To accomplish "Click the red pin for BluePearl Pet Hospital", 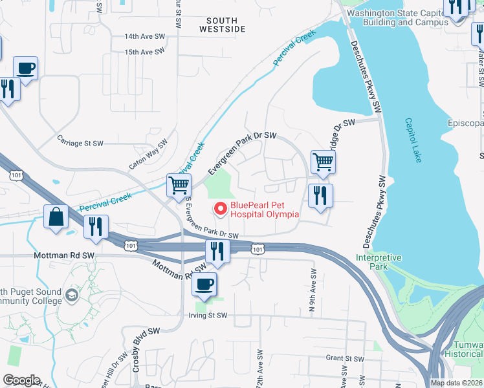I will click(219, 208).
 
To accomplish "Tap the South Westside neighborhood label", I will click(223, 25).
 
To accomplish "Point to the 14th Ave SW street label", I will click(145, 37).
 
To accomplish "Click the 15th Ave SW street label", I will click(145, 52).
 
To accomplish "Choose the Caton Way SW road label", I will click(148, 155).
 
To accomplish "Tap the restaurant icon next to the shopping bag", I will click(96, 228).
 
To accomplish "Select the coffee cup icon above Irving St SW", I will click(205, 284).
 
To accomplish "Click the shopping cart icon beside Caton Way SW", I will click(179, 185).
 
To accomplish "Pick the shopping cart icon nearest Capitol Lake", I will click(323, 162).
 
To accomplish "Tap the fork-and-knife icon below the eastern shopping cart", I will click(320, 195).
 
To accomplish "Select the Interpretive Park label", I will click(379, 262).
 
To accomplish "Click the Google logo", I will click(21, 380).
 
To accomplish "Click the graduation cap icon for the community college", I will click(72, 296).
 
